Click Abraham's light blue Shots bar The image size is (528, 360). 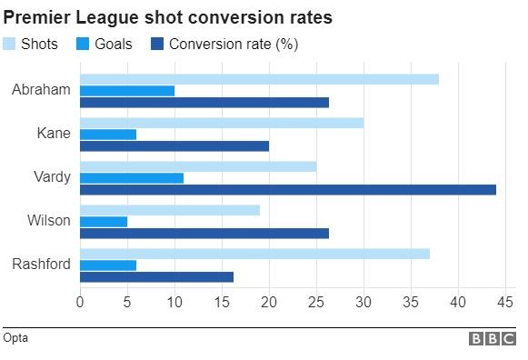pyautogui.click(x=259, y=79)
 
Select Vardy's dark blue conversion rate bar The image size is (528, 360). pyautogui.click(x=288, y=189)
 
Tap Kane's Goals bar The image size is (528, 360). pyautogui.click(x=108, y=134)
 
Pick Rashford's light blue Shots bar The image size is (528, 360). pyautogui.click(x=254, y=254)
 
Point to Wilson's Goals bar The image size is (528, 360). pyautogui.click(x=104, y=221)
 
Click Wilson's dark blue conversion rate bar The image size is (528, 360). pyautogui.click(x=204, y=233)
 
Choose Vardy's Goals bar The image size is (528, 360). pyautogui.click(x=132, y=177)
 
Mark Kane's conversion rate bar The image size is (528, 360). pyautogui.click(x=174, y=145)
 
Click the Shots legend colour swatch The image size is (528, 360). pyautogui.click(x=10, y=44)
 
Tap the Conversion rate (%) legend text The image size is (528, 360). pyautogui.click(x=234, y=44)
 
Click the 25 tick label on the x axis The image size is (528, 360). pyautogui.click(x=316, y=301)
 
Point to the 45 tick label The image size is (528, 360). pyautogui.click(x=505, y=301)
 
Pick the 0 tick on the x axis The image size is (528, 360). pyautogui.click(x=80, y=301)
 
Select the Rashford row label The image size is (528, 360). pyautogui.click(x=42, y=265)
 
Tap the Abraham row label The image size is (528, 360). pyautogui.click(x=42, y=90)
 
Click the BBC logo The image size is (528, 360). pyautogui.click(x=492, y=338)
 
